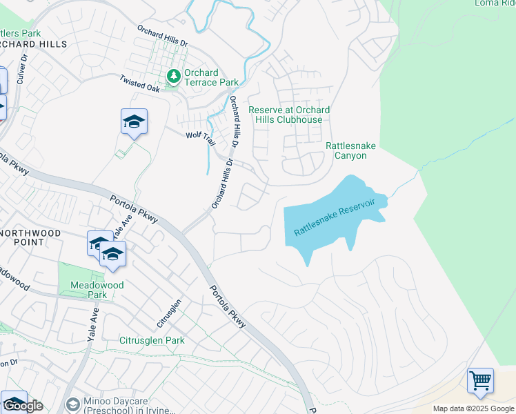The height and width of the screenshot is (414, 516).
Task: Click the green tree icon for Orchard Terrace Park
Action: coord(173,75)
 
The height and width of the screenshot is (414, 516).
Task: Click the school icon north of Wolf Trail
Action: coord(134,123)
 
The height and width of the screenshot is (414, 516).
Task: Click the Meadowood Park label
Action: coord(88,289)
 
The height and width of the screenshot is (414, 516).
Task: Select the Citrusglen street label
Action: coord(169,313)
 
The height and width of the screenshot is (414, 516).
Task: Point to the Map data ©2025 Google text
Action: coord(473,408)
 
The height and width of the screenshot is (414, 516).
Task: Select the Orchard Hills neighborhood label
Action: coord(33,43)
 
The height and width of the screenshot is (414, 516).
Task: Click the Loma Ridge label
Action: coord(495,3)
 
